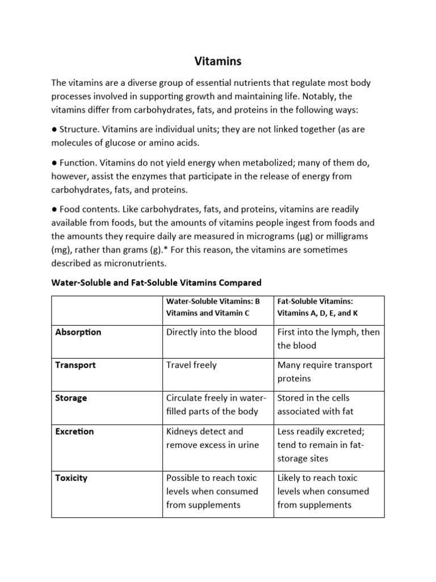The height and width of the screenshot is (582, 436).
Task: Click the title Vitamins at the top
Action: (217, 60)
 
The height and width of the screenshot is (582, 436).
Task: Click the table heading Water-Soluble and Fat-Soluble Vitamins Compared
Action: (156, 282)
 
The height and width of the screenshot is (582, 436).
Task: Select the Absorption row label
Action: (78, 332)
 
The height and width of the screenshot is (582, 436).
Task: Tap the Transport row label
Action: (75, 365)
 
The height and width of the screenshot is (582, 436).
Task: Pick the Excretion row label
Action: (74, 431)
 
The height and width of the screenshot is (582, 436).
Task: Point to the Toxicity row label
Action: (71, 478)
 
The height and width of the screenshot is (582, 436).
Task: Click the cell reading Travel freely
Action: (191, 365)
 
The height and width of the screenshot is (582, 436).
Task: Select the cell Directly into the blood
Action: (211, 332)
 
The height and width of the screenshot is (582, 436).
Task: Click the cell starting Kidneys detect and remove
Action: (212, 438)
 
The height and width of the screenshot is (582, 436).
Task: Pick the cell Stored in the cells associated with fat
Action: (322, 405)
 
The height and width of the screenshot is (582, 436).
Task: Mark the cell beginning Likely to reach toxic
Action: (323, 491)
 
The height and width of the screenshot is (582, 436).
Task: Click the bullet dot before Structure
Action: (54, 130)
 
